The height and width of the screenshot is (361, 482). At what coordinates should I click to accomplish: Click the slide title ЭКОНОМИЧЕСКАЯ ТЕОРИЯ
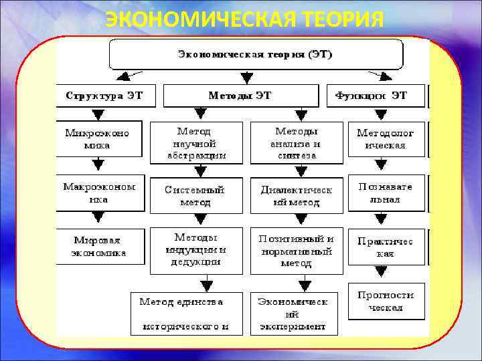244,20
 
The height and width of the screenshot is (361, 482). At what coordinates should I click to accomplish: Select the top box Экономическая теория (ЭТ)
256,53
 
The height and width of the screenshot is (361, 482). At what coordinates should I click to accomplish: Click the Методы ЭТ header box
240,96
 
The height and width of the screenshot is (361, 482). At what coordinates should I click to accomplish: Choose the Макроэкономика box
99,193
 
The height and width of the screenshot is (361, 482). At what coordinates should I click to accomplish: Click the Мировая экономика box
99,247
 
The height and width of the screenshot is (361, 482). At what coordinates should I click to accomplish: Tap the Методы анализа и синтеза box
296,143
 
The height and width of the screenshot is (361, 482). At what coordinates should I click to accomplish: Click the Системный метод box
195,195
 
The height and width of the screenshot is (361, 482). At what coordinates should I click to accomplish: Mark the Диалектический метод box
296,195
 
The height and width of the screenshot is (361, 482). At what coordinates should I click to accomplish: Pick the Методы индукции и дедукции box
195,251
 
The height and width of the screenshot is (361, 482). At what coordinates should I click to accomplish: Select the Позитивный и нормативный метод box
296,251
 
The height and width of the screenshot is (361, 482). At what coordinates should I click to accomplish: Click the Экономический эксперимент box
293,314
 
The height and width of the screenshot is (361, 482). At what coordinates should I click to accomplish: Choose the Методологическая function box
386,139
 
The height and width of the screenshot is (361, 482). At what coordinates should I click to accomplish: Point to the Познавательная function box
386,193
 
